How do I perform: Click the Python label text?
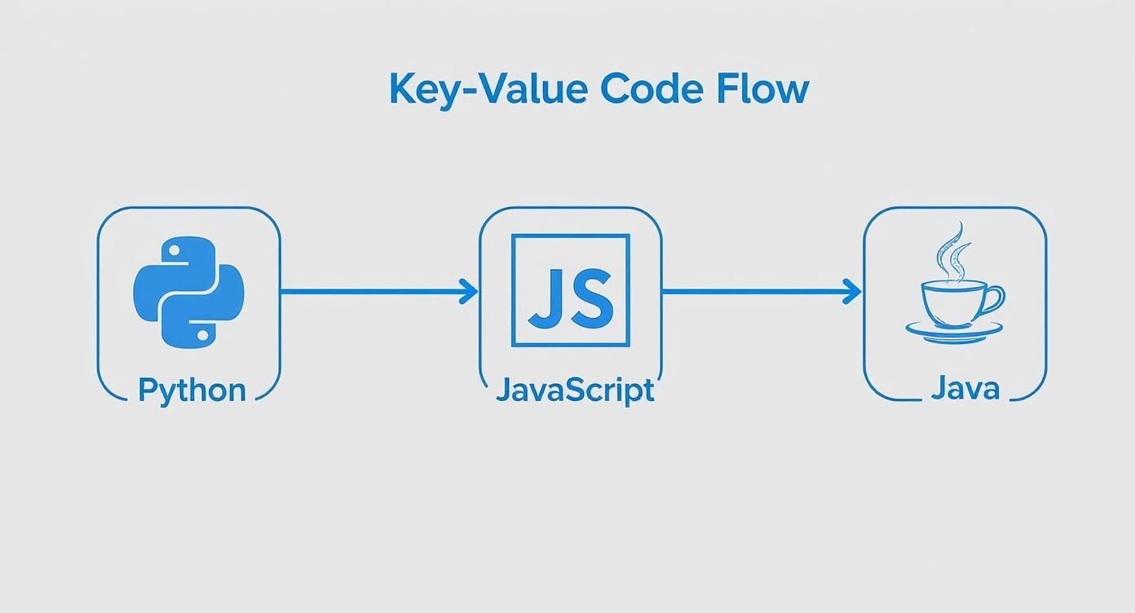[x=192, y=390]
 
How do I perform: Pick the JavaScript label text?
[x=575, y=390]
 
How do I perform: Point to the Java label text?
[x=965, y=388]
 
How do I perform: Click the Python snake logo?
[x=189, y=292]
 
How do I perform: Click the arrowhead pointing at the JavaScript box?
[x=470, y=291]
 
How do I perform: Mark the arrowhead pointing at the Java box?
[x=853, y=291]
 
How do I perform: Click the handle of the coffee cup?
[x=994, y=299]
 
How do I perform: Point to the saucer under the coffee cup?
[x=954, y=331]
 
